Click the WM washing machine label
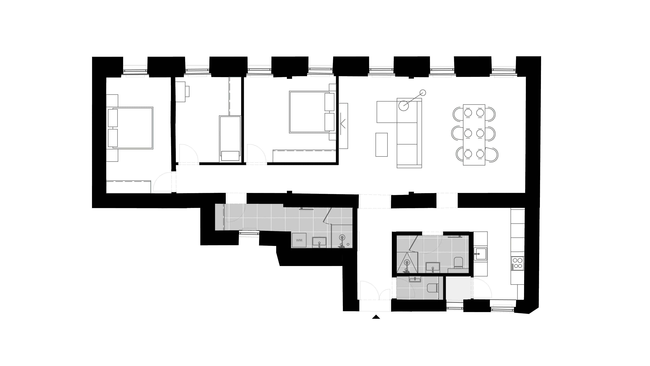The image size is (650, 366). pos(299,240)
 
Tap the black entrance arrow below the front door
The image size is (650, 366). pos(376,317)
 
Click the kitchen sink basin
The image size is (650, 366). pos(480,254)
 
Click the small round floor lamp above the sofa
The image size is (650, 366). pos(423,93)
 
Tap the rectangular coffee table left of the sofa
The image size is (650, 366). pos(381,145)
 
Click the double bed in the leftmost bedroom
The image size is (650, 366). pos(130,128)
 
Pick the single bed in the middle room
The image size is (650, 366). pos(230,139)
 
